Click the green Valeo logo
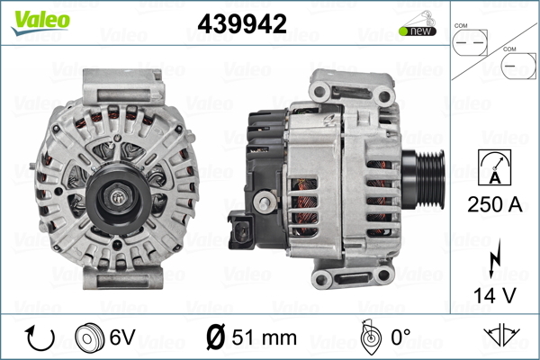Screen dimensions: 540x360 (x=40, y=23)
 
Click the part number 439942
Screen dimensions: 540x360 (x=242, y=23)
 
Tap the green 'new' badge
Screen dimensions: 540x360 (x=418, y=31)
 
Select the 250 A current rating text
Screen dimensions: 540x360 (x=494, y=204)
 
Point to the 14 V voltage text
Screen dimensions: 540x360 (x=495, y=295)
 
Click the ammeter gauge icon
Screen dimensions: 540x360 (x=494, y=167)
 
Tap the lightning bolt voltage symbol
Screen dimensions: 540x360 (x=494, y=257)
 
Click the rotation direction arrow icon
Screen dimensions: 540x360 (x=40, y=337)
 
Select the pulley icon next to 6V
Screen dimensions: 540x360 (x=89, y=337)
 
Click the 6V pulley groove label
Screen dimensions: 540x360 (x=122, y=337)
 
